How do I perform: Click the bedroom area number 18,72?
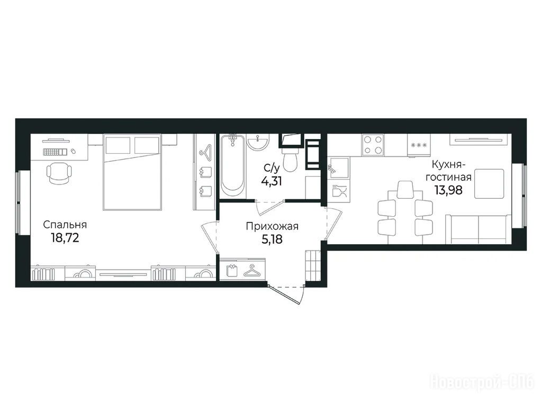tap(65, 237)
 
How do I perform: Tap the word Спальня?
tap(65, 225)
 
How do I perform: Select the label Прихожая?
tap(272, 226)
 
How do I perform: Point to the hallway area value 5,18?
tap(272, 239)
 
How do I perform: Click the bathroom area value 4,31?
tap(272, 181)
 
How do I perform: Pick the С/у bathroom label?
tap(272, 168)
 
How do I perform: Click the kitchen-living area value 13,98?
tap(449, 190)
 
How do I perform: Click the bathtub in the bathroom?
tap(233, 166)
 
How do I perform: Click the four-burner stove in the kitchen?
tap(374, 145)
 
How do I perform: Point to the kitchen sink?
tap(339, 168)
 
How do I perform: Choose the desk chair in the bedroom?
tap(59, 173)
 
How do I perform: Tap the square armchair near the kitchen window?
tap(489, 183)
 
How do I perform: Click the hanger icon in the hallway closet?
tap(254, 270)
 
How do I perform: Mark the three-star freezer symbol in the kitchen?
tap(419, 145)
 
